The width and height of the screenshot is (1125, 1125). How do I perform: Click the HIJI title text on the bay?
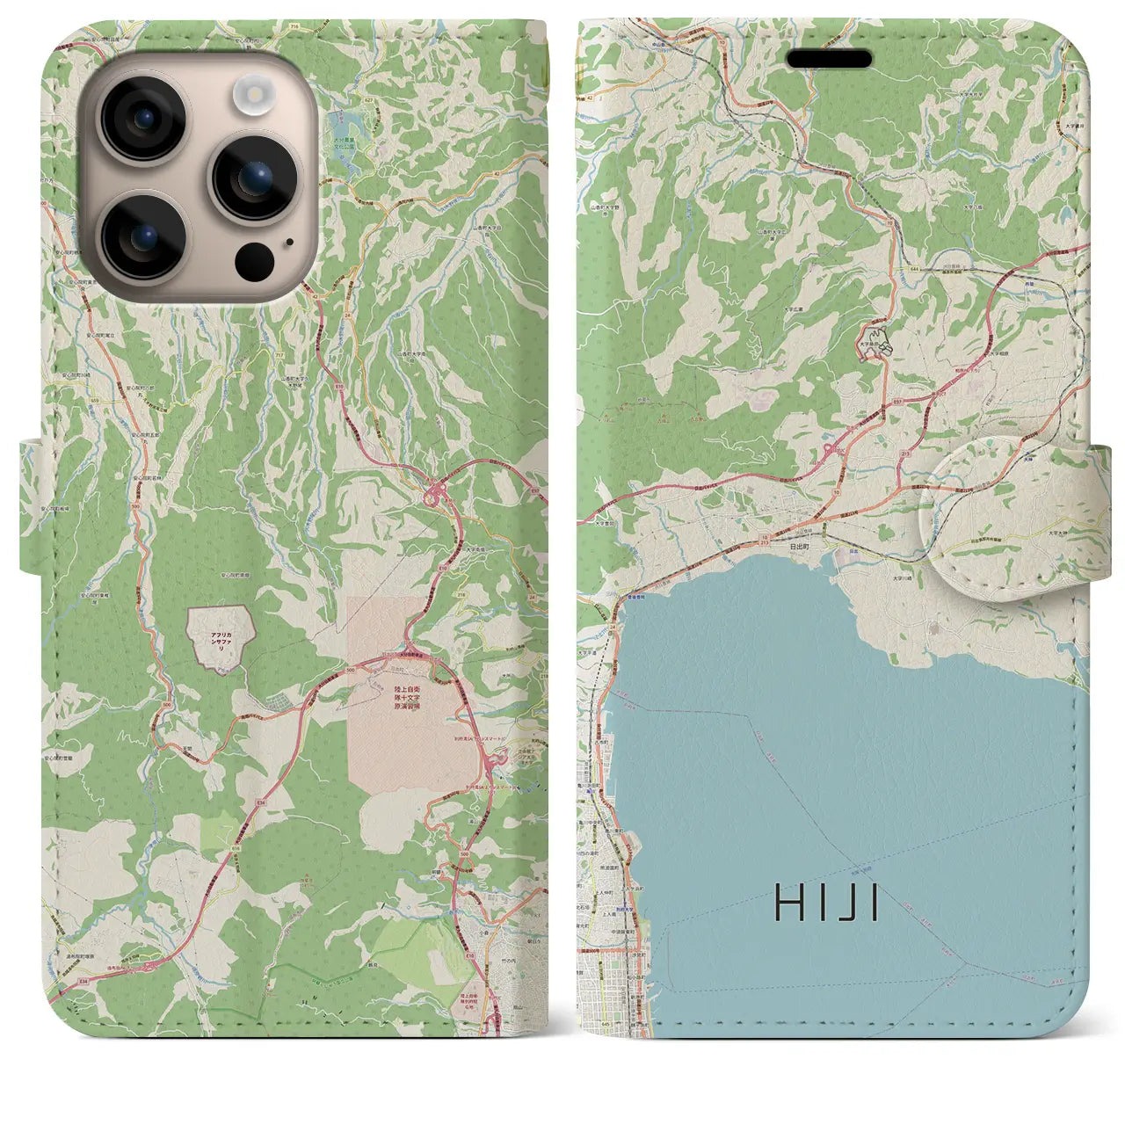pos(827,902)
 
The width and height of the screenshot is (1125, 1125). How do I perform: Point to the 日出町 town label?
pos(800,545)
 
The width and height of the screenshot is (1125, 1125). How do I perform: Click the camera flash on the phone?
pos(256,91)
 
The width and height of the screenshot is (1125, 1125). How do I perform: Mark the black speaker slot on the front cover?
pos(829,59)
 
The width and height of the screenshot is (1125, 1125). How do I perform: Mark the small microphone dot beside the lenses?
pos(290,242)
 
